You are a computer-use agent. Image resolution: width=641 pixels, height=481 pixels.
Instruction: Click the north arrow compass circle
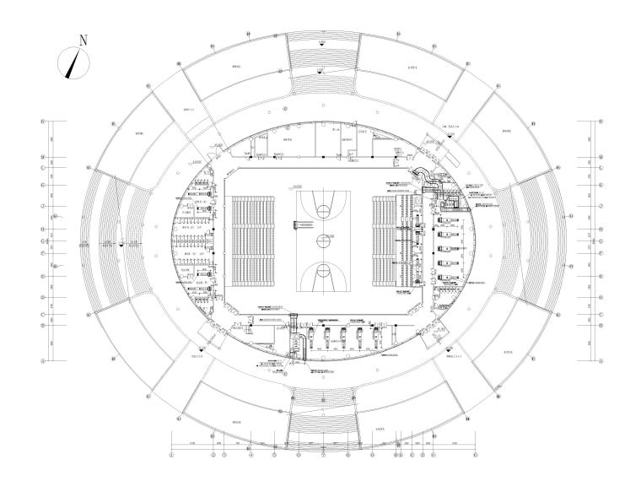(x=74, y=62)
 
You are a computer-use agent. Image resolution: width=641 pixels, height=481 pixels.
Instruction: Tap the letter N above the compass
(x=83, y=40)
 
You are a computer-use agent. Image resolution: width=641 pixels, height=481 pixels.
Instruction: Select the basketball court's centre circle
(x=320, y=240)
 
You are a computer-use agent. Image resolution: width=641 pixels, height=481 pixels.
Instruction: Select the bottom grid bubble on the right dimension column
(x=601, y=359)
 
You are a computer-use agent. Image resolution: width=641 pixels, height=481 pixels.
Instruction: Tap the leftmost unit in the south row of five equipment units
(x=307, y=337)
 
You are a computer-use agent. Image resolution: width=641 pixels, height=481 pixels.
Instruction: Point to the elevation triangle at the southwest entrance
(x=200, y=347)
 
